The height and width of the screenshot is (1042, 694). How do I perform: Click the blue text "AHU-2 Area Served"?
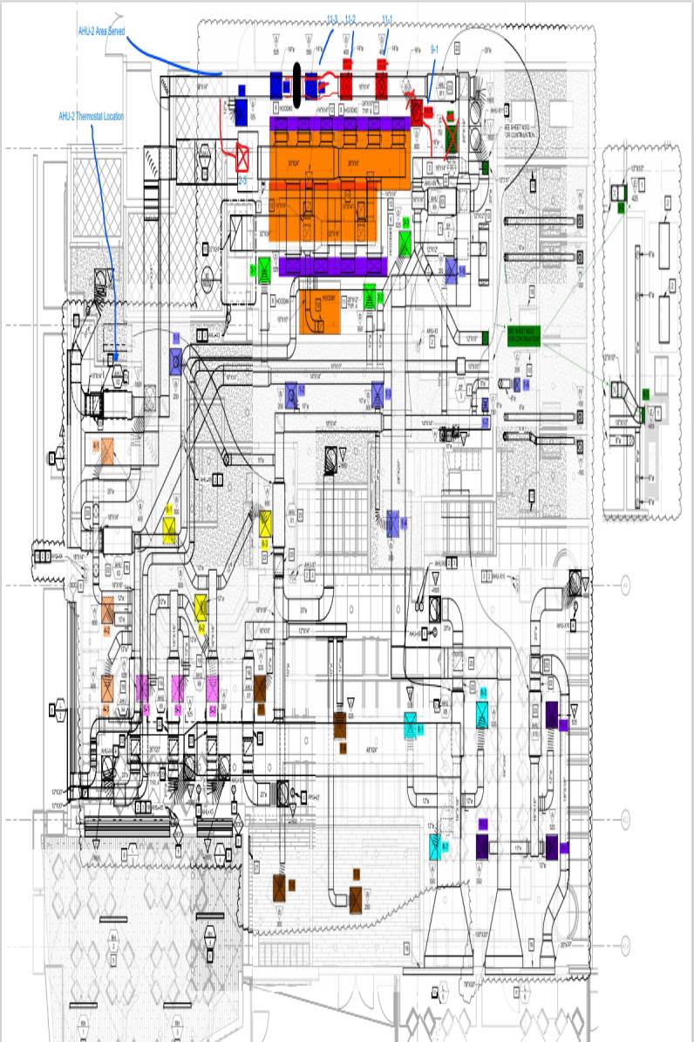(x=101, y=31)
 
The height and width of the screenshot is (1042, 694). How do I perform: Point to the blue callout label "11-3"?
(x=332, y=19)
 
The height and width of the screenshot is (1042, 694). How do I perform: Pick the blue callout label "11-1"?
(x=387, y=19)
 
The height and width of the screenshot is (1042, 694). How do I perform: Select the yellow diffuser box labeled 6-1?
(x=169, y=528)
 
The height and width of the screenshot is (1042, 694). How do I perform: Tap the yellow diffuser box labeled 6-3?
(x=265, y=524)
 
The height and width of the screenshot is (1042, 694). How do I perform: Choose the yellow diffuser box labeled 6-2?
(x=201, y=605)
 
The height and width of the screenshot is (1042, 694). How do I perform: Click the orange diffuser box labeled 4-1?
(x=107, y=450)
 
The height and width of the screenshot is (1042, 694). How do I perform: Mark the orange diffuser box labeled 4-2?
(x=108, y=609)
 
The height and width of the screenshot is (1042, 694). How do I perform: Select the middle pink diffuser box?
(x=180, y=688)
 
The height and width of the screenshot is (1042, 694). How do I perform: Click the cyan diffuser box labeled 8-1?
(x=410, y=723)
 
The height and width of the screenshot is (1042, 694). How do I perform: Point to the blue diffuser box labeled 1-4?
(x=393, y=523)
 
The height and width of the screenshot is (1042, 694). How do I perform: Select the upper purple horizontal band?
(x=340, y=125)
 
